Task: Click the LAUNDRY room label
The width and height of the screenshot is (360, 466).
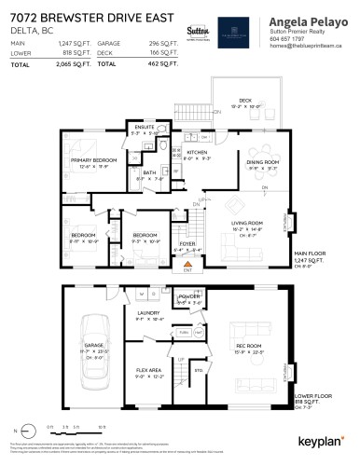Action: (x=150, y=313)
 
